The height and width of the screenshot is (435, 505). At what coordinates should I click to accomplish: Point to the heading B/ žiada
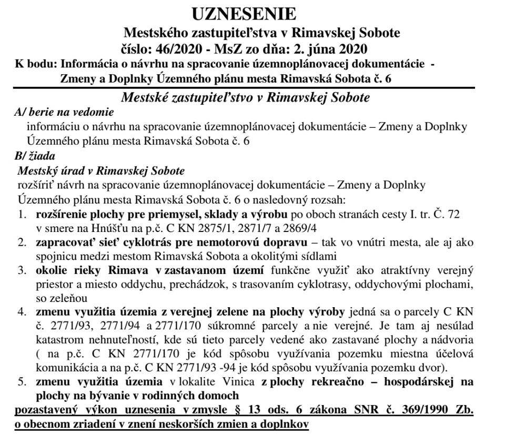[x=36, y=156]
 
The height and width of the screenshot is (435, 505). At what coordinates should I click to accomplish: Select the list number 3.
[x=22, y=271]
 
